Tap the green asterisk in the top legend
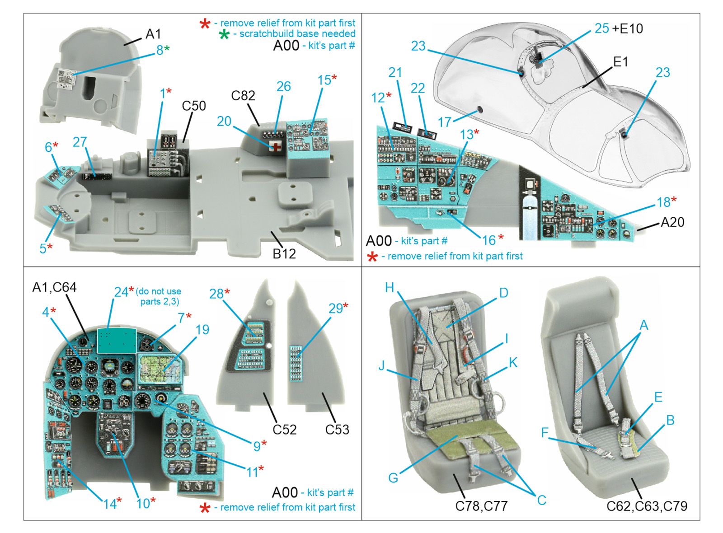pyautogui.click(x=224, y=34)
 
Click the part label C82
pyautogui.click(x=243, y=96)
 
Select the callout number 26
pyautogui.click(x=283, y=86)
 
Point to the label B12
pyautogui.click(x=284, y=254)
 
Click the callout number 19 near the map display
pyautogui.click(x=202, y=330)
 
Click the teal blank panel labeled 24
pyautogui.click(x=117, y=340)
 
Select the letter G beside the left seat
pyautogui.click(x=393, y=478)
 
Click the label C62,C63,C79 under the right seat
pyautogui.click(x=647, y=506)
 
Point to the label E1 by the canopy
pyautogui.click(x=620, y=61)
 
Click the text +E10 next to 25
pyautogui.click(x=628, y=28)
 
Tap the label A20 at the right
pyautogui.click(x=672, y=222)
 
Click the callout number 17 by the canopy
pyautogui.click(x=445, y=122)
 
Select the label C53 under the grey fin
pyautogui.click(x=337, y=429)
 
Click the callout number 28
pyautogui.click(x=216, y=294)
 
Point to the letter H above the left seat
pyautogui.click(x=390, y=287)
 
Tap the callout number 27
pyautogui.click(x=80, y=142)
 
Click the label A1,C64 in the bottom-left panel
pyautogui.click(x=54, y=287)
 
